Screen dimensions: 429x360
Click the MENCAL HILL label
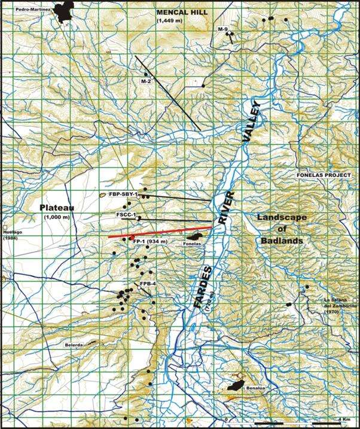[x=180, y=12]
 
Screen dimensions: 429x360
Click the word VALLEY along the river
[x=251, y=122]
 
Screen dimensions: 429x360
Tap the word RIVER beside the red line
[x=227, y=208]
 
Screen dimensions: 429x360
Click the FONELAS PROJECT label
[x=322, y=176]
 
